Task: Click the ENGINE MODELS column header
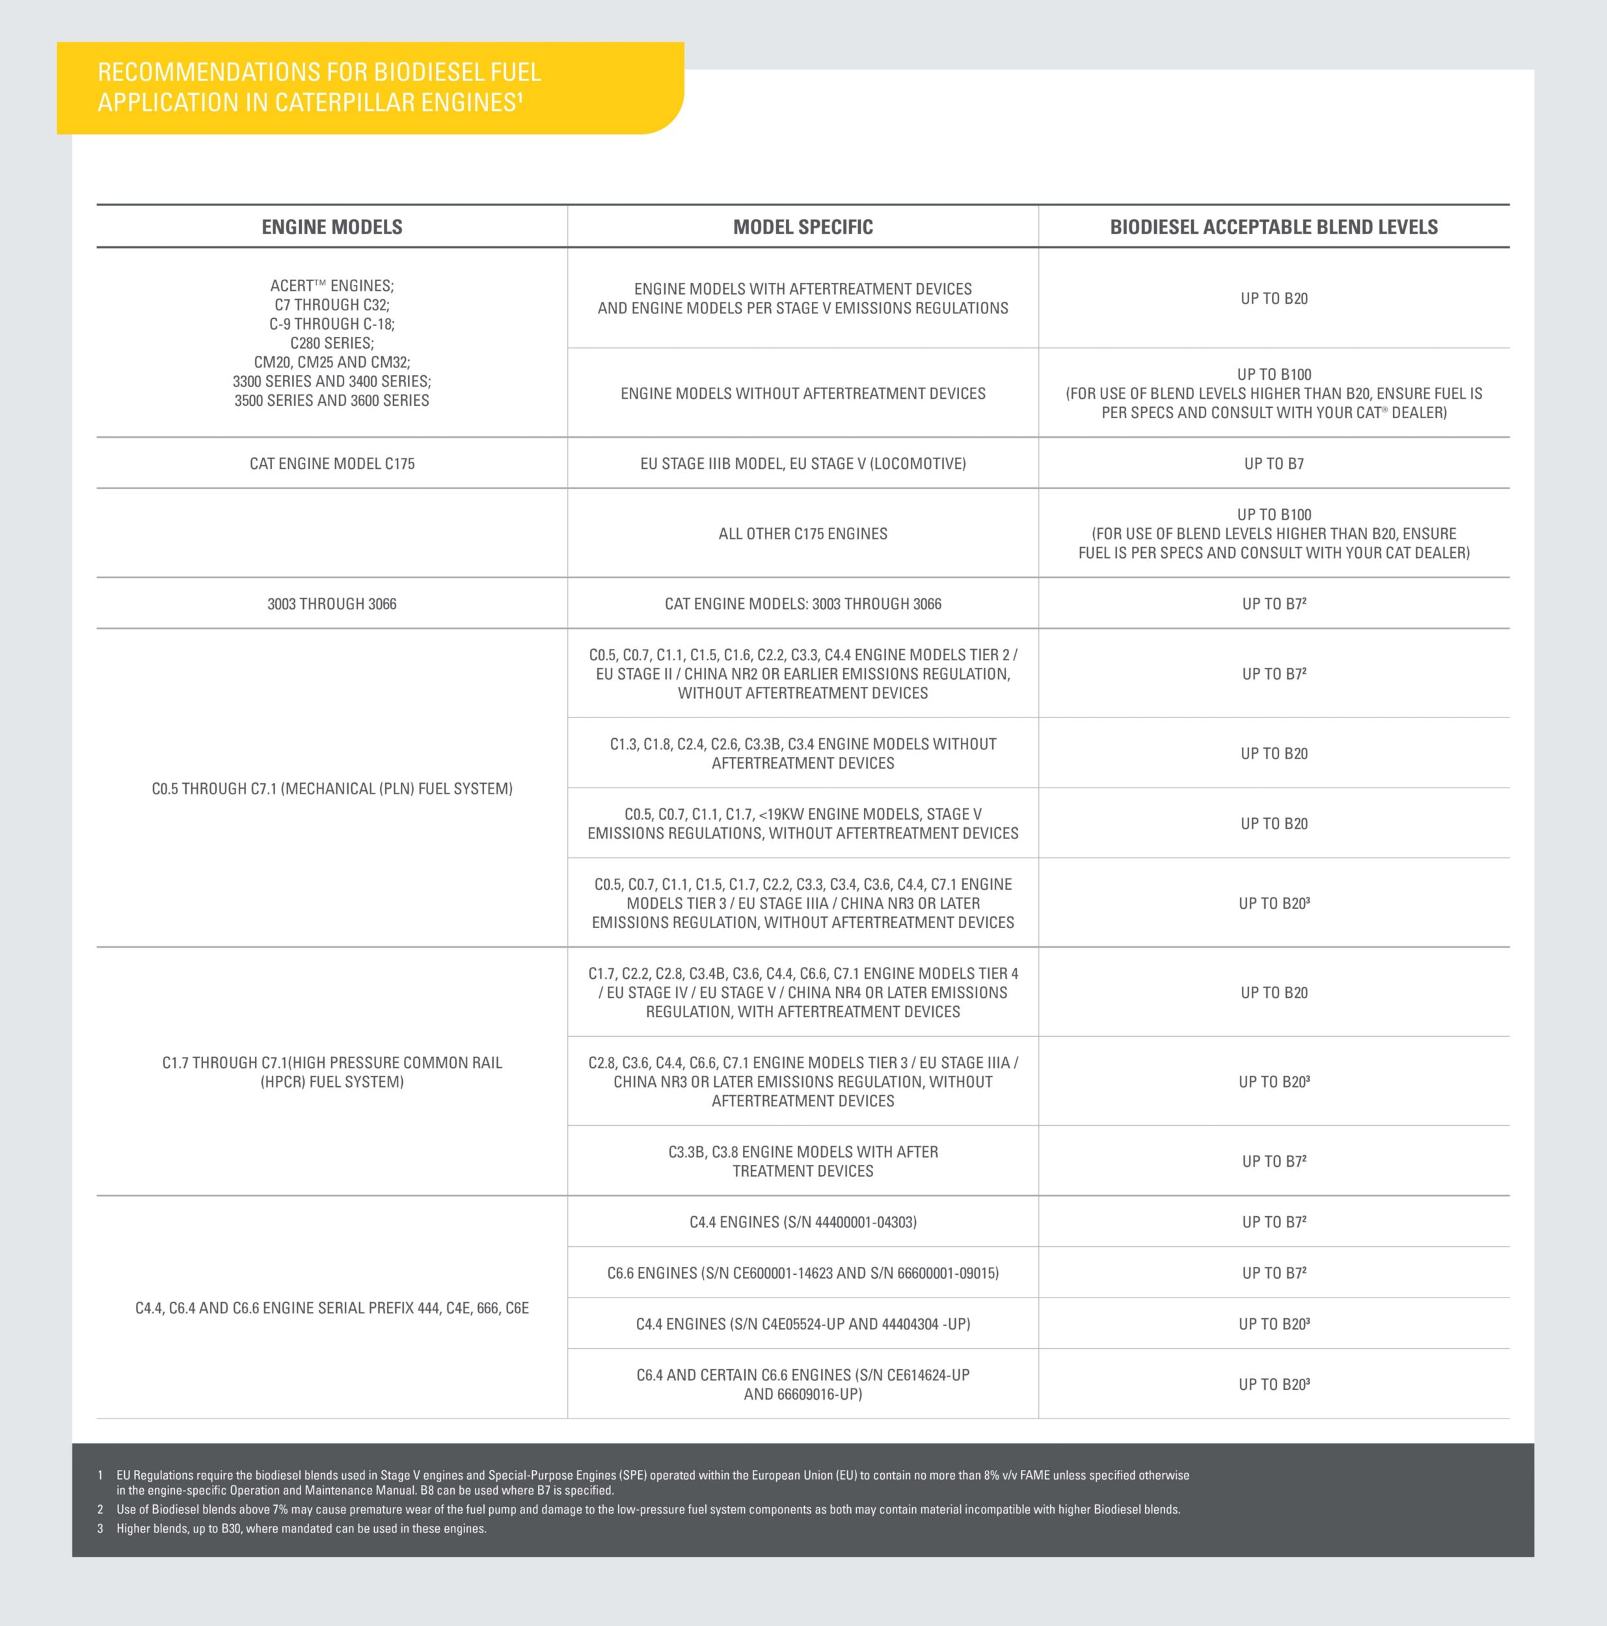[x=332, y=227]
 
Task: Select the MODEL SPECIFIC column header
[x=802, y=227]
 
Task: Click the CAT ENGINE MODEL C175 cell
[x=332, y=464]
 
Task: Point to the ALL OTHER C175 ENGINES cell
[x=802, y=533]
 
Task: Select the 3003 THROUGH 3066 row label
[x=332, y=604]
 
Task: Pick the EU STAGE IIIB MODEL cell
[x=802, y=464]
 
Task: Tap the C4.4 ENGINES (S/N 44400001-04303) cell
[x=802, y=1222]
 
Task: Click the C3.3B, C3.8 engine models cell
[x=802, y=1162]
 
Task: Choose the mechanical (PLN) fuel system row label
[x=332, y=788]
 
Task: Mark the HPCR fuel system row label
[x=332, y=1073]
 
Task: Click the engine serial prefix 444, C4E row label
[x=332, y=1308]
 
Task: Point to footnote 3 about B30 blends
[x=301, y=1528]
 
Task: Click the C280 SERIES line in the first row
[x=332, y=343]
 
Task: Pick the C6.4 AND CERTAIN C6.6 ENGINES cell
[x=802, y=1385]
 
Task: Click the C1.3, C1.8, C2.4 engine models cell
[x=802, y=753]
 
